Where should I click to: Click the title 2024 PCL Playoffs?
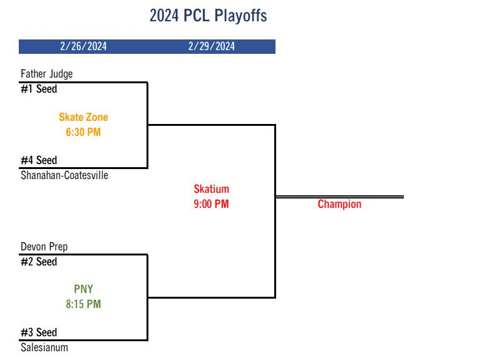click(208, 16)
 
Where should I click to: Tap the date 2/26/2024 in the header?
click(83, 46)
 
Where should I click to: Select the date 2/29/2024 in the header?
click(212, 46)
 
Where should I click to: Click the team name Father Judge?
click(46, 74)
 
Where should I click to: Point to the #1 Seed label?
click(39, 89)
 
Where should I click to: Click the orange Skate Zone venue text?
click(83, 117)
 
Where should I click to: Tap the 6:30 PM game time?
click(83, 132)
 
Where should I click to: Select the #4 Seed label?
click(39, 160)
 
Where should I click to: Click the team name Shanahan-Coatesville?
click(64, 175)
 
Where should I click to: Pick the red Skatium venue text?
click(212, 189)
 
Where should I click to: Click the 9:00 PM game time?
click(212, 204)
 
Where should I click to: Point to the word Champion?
click(339, 204)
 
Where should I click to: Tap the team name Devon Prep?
click(44, 247)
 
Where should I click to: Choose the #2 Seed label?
click(39, 262)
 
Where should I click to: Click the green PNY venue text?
click(83, 289)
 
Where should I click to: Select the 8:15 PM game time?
click(83, 304)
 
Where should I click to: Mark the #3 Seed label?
click(39, 332)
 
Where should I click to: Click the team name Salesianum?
click(44, 347)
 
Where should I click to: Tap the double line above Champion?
click(339, 197)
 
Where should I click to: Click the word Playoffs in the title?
click(241, 16)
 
